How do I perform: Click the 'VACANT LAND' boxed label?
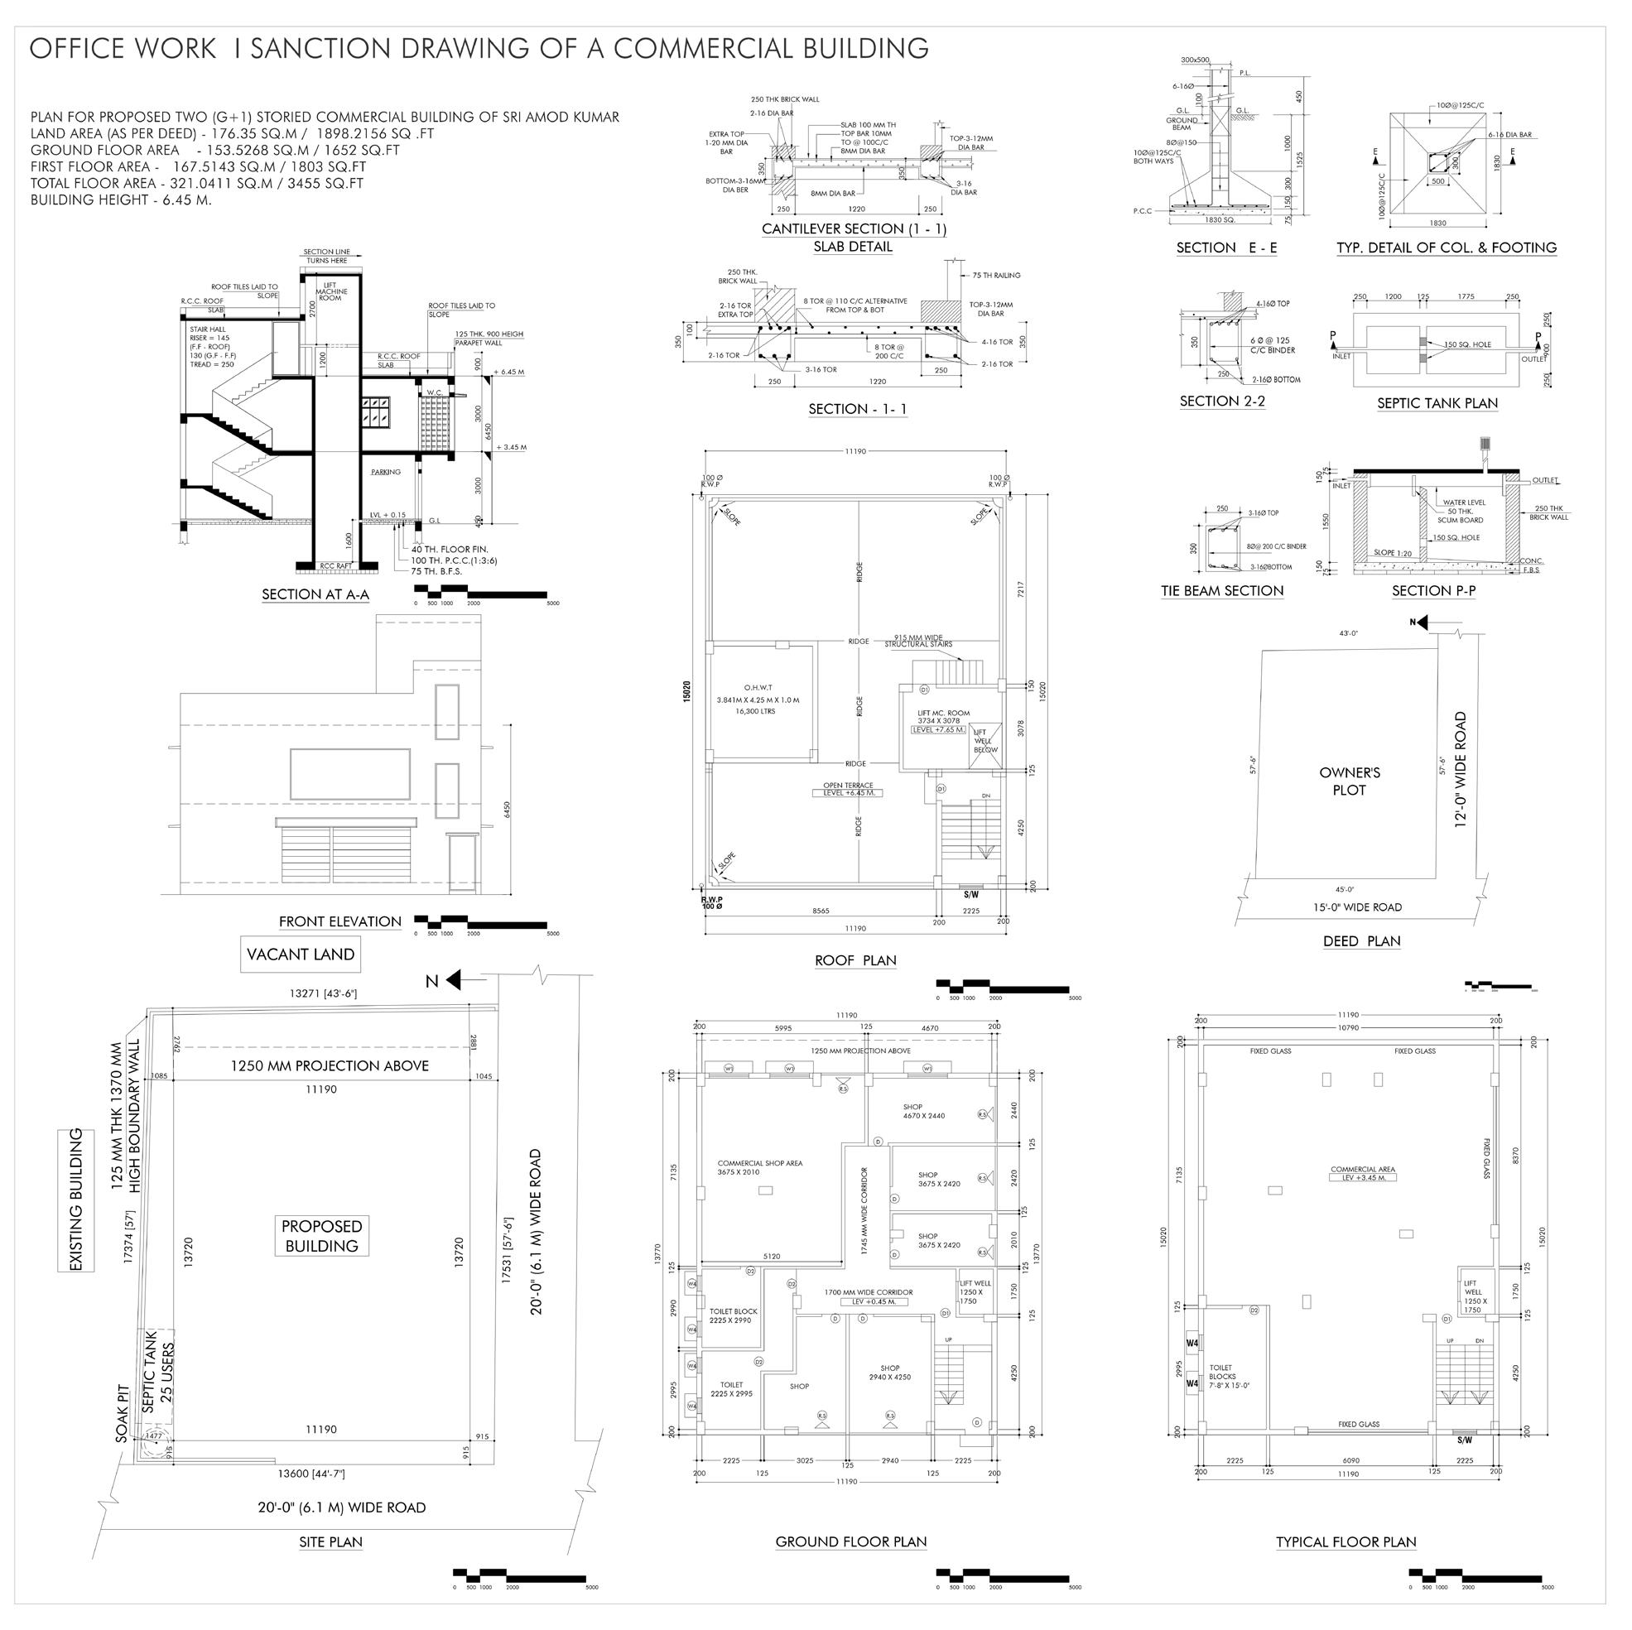coord(301,954)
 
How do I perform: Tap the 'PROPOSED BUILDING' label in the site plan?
coord(321,1236)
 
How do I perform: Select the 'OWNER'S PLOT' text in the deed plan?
coord(1349,781)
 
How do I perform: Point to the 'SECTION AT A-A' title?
coord(315,594)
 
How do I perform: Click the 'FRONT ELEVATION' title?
coord(339,921)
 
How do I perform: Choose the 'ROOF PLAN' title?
coord(855,960)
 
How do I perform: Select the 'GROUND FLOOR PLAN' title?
coord(850,1541)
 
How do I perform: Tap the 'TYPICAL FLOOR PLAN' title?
coord(1346,1541)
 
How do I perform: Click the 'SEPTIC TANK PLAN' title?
coord(1437,403)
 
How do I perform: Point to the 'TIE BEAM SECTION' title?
coord(1221,590)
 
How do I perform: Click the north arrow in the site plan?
coord(453,979)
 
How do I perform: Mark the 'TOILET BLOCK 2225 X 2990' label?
coord(734,1315)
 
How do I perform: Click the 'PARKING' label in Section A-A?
coord(385,472)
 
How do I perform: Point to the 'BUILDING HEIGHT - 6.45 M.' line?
coord(121,200)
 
